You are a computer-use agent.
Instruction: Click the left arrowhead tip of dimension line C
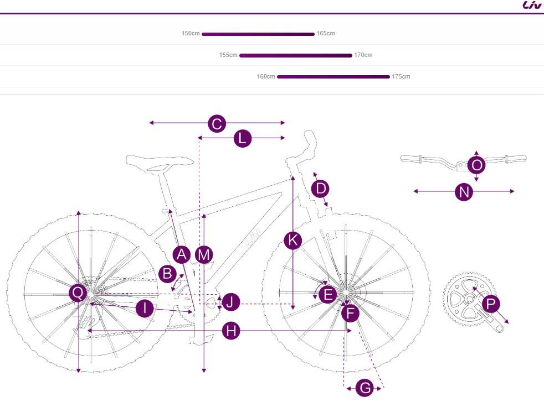[150, 123]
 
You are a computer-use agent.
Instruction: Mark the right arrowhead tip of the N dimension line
[514, 191]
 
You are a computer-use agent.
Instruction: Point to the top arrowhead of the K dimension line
[293, 176]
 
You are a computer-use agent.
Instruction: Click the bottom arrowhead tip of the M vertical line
[204, 373]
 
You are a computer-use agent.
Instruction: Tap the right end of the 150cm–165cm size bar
[314, 34]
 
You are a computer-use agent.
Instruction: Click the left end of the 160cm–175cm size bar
[278, 77]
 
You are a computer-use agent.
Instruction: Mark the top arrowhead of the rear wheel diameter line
[79, 211]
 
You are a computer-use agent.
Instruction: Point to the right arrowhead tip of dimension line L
[285, 138]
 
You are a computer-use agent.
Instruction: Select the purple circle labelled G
[365, 388]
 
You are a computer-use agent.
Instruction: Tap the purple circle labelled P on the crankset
[491, 304]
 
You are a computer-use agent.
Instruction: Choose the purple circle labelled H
[231, 331]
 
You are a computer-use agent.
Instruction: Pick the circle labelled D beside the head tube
[320, 189]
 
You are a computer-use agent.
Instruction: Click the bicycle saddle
[160, 163]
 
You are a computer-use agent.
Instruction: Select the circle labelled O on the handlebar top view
[476, 165]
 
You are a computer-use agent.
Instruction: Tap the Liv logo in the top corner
[532, 5]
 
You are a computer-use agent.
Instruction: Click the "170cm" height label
[363, 55]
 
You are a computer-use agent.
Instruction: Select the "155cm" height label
[228, 55]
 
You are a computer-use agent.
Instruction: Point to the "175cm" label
[401, 76]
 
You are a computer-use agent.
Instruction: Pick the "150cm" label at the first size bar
[191, 34]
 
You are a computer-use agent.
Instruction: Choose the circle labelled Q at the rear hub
[78, 293]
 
